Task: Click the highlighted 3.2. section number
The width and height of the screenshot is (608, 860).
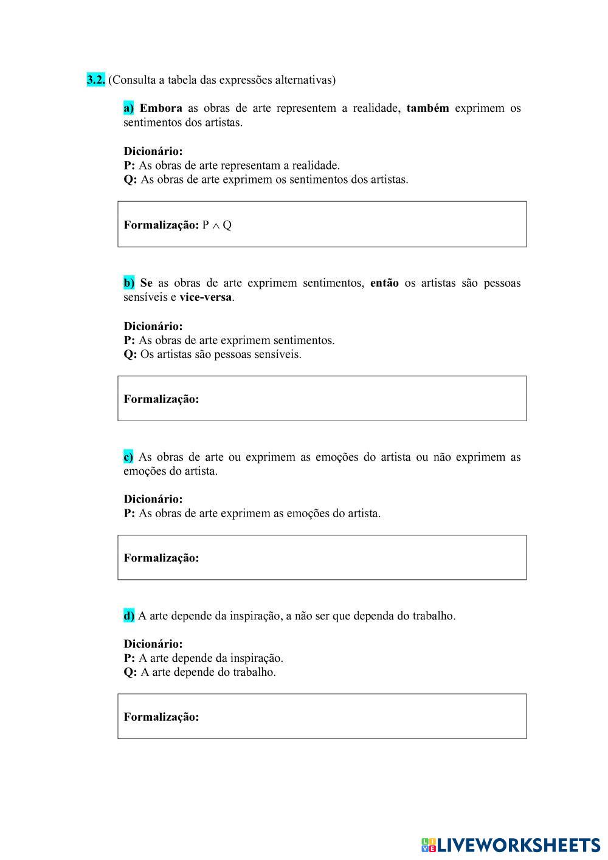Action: (96, 80)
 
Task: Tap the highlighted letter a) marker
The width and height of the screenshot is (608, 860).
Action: (129, 108)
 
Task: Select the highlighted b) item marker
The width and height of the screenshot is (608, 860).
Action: (129, 283)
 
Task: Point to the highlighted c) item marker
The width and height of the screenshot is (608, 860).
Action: (128, 457)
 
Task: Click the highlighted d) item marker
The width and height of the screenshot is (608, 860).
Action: (129, 616)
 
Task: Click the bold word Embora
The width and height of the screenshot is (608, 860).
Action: (161, 108)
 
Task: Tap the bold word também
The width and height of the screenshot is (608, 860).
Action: (427, 108)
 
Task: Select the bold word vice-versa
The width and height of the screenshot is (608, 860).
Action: (206, 297)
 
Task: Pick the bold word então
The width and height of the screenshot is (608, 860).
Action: (384, 283)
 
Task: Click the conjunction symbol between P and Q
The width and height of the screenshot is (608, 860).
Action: (215, 225)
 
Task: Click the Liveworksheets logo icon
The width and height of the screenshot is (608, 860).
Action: (429, 844)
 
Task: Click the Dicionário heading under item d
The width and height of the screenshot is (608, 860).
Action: (153, 644)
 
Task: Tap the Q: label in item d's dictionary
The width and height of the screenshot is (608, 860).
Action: (130, 672)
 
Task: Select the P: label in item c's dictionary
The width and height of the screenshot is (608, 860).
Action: (129, 513)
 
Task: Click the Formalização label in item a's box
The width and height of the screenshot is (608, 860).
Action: (161, 225)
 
